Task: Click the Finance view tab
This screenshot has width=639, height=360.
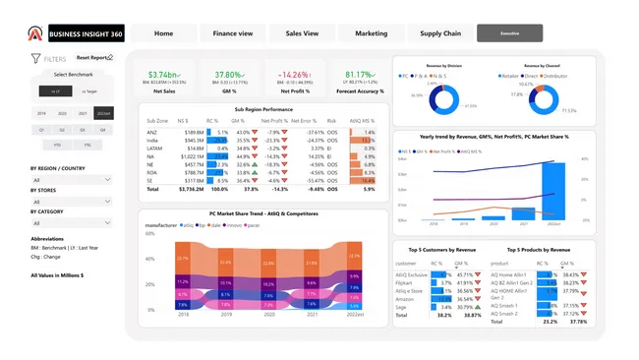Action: (x=232, y=33)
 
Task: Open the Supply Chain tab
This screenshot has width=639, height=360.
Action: (x=440, y=33)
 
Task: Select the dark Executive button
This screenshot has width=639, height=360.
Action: (x=510, y=33)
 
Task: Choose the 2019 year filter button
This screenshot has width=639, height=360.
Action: (x=41, y=113)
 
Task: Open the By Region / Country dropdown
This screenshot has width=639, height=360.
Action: (x=72, y=180)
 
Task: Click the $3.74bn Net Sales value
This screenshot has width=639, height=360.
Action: (x=163, y=75)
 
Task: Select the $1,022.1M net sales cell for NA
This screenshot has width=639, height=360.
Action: (x=193, y=155)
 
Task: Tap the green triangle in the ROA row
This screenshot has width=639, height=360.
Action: (x=255, y=172)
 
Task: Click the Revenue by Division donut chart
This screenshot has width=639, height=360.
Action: (x=441, y=98)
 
